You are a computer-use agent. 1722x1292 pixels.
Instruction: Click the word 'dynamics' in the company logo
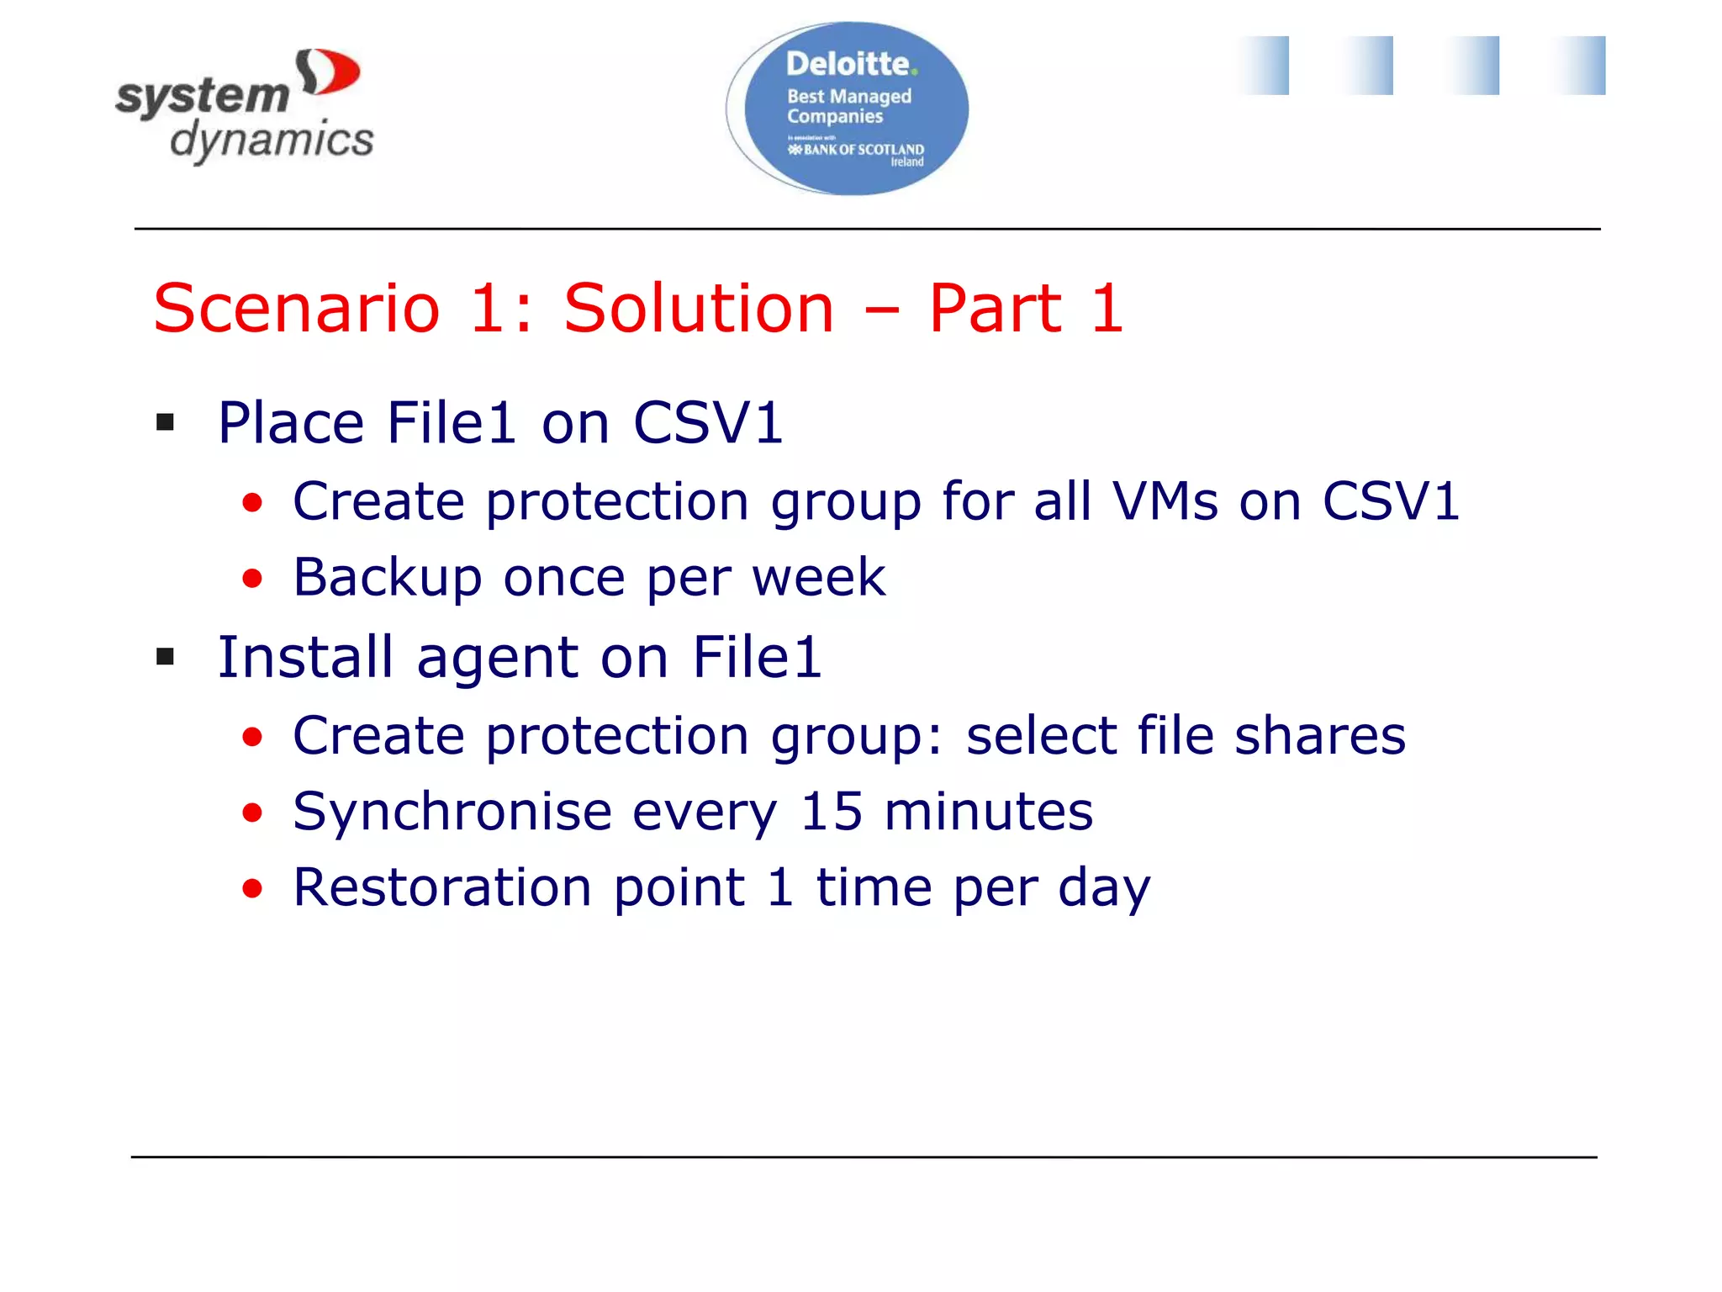272,140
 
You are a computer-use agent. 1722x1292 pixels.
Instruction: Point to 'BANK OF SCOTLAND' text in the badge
863,150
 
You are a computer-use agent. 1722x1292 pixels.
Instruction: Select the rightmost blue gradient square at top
1581,66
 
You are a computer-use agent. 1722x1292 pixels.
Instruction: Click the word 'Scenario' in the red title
297,309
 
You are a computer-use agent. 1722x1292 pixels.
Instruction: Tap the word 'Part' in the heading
996,309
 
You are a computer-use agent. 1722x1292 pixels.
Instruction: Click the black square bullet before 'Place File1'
166,422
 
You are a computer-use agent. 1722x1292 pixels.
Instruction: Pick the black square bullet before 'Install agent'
166,656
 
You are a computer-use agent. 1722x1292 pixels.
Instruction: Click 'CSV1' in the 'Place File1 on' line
708,422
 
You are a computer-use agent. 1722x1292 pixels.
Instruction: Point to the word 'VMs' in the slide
1165,501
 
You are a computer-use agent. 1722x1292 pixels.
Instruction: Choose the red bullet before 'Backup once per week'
252,578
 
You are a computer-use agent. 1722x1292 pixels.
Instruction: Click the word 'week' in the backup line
818,578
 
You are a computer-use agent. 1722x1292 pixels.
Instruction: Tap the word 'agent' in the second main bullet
498,657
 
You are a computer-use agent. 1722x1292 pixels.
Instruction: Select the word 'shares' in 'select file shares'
1319,736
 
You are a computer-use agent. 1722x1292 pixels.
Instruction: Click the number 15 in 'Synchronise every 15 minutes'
831,812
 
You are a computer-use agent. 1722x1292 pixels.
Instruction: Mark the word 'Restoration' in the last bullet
442,887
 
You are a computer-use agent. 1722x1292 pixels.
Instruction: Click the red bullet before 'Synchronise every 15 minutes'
252,813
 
